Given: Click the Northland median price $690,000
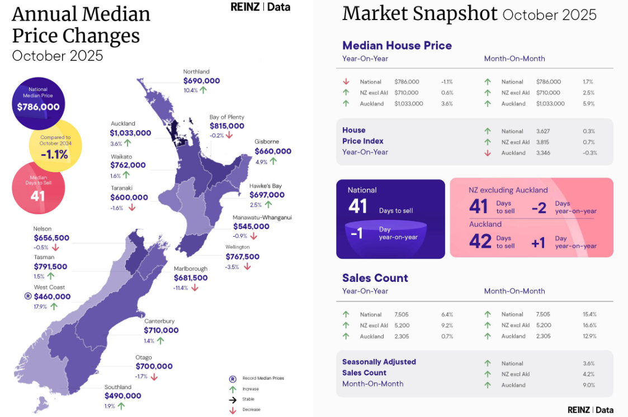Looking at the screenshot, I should click(x=201, y=80).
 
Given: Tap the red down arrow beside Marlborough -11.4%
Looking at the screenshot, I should click(x=195, y=287).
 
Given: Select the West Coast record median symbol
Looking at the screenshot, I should click(x=28, y=296).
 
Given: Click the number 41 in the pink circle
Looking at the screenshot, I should click(x=37, y=196).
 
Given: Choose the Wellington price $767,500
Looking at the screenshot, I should click(x=242, y=257).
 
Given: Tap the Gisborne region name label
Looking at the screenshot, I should click(x=267, y=142).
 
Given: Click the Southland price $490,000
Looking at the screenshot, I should click(x=122, y=396).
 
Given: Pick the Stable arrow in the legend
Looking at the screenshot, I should click(x=233, y=400).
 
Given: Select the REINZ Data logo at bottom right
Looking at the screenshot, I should click(x=590, y=410).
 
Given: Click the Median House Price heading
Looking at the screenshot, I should click(x=397, y=46).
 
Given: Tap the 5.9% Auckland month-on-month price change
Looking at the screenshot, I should click(x=589, y=104).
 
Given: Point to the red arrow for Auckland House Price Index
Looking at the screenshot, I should click(x=488, y=153).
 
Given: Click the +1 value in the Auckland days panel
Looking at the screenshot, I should click(x=537, y=243).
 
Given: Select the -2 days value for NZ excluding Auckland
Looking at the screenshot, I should click(x=539, y=208).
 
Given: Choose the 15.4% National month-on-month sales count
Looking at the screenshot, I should click(x=589, y=314).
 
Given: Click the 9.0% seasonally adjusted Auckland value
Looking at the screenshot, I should click(x=589, y=385).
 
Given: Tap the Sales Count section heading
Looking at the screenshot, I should click(x=375, y=278).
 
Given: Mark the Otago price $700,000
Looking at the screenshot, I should click(x=154, y=367).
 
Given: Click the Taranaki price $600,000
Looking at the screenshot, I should click(x=129, y=198).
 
